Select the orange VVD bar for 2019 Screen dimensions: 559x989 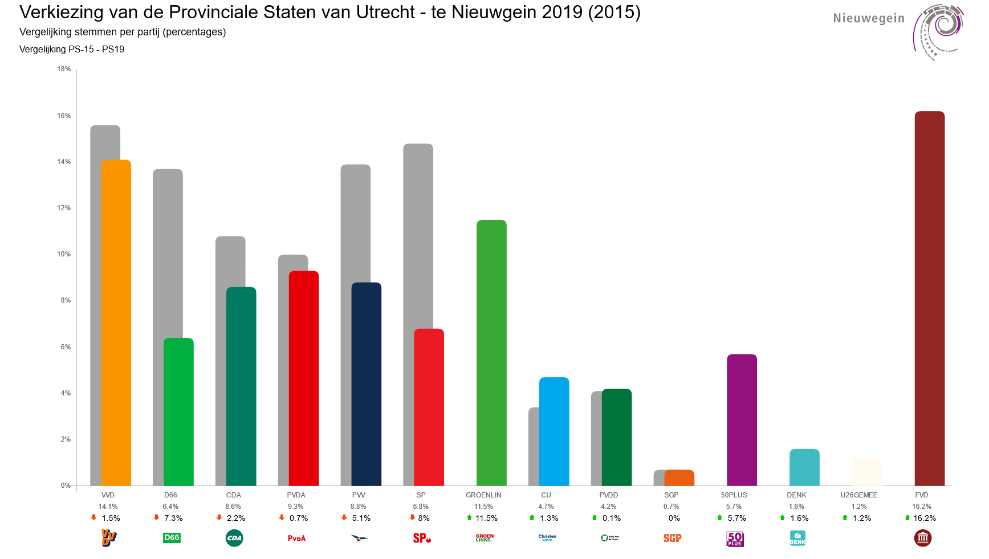coord(116,323)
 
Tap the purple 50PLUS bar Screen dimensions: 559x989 coord(742,420)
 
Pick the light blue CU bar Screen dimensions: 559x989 coord(554,431)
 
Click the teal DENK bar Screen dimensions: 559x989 coord(804,467)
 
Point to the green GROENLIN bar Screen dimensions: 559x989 coord(491,353)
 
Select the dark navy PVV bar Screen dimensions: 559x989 coord(367,384)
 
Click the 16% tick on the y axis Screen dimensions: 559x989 coord(64,116)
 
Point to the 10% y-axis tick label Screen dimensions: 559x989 coord(64,254)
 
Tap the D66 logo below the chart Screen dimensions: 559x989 coord(172,538)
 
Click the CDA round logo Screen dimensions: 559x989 coord(234,538)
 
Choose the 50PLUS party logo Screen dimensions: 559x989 coord(735,538)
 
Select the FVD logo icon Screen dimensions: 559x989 coord(922,538)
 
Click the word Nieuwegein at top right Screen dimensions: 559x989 coord(869,18)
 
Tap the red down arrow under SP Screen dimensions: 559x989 coord(412,517)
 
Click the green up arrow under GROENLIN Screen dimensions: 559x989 coord(469,517)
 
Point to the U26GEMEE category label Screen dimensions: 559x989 coord(859,495)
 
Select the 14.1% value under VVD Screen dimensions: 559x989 coord(108,507)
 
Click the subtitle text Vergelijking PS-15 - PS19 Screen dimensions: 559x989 coord(72,49)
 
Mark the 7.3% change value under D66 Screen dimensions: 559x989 coord(173,518)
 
